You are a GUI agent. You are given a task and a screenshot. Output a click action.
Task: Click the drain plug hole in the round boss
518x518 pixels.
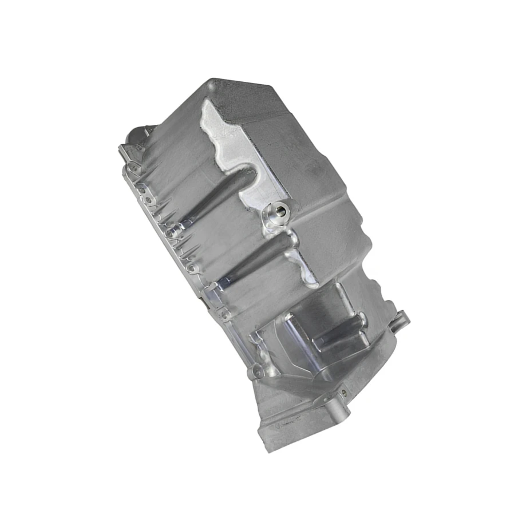tap(276, 212)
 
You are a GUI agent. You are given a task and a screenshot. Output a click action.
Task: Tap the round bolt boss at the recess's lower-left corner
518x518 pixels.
tap(255, 373)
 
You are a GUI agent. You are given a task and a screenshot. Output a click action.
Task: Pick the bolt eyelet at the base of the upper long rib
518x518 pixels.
tap(172, 232)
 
